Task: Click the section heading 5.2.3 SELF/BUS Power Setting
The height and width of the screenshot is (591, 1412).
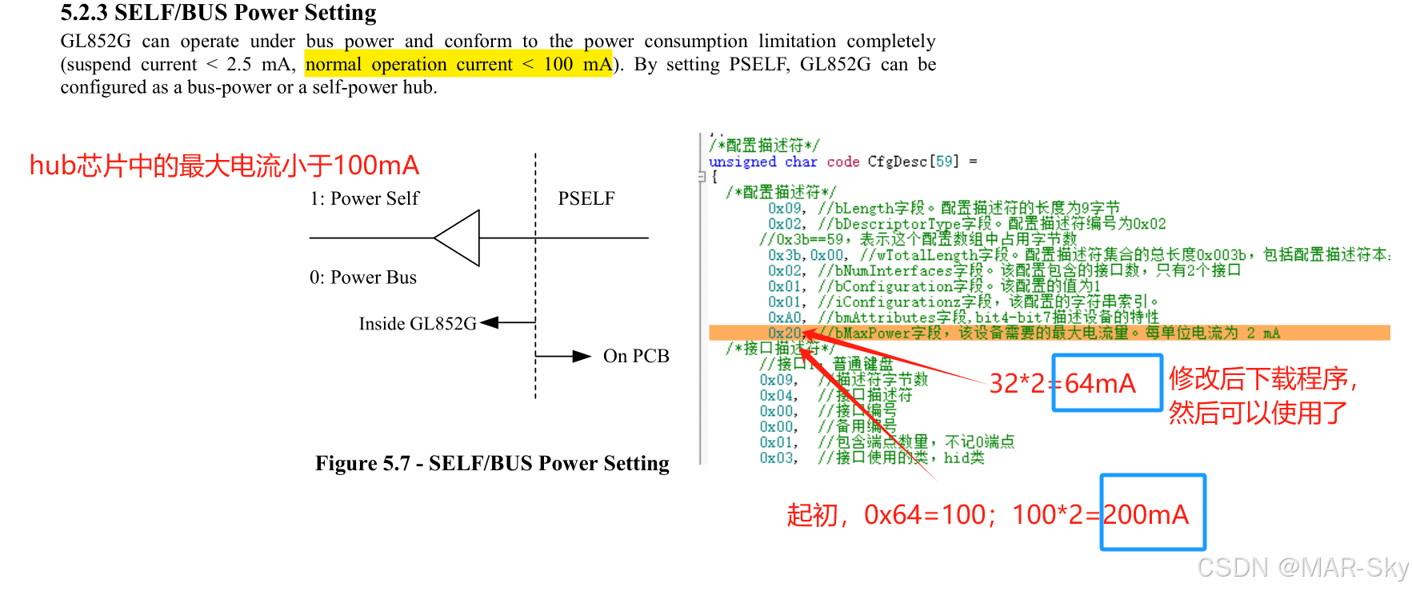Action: (x=218, y=13)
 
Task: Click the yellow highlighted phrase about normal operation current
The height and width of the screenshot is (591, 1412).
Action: (x=458, y=64)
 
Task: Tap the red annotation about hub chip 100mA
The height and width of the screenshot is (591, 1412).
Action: (x=224, y=166)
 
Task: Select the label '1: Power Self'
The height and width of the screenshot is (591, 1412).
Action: (x=364, y=198)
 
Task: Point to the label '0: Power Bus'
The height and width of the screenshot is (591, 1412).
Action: (x=363, y=278)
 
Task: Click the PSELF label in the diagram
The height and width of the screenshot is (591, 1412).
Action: (x=586, y=198)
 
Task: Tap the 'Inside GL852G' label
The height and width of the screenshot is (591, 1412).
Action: (x=417, y=324)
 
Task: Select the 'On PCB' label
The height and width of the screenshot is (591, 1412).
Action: (x=636, y=356)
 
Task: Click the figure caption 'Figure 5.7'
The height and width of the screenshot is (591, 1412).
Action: (x=492, y=463)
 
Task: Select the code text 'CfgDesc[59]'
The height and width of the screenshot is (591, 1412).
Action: (x=913, y=162)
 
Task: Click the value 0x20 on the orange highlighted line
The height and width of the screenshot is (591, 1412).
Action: (x=784, y=333)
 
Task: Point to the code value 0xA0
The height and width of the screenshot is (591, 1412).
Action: (x=784, y=317)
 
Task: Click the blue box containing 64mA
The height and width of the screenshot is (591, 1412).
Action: (x=1106, y=383)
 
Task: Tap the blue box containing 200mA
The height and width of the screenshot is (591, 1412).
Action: (x=1153, y=513)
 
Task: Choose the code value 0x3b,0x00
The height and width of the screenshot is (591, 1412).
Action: (x=806, y=255)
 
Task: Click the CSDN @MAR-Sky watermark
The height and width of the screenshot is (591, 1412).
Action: (x=1302, y=567)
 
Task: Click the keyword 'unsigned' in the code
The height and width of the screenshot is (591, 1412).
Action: (x=742, y=162)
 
